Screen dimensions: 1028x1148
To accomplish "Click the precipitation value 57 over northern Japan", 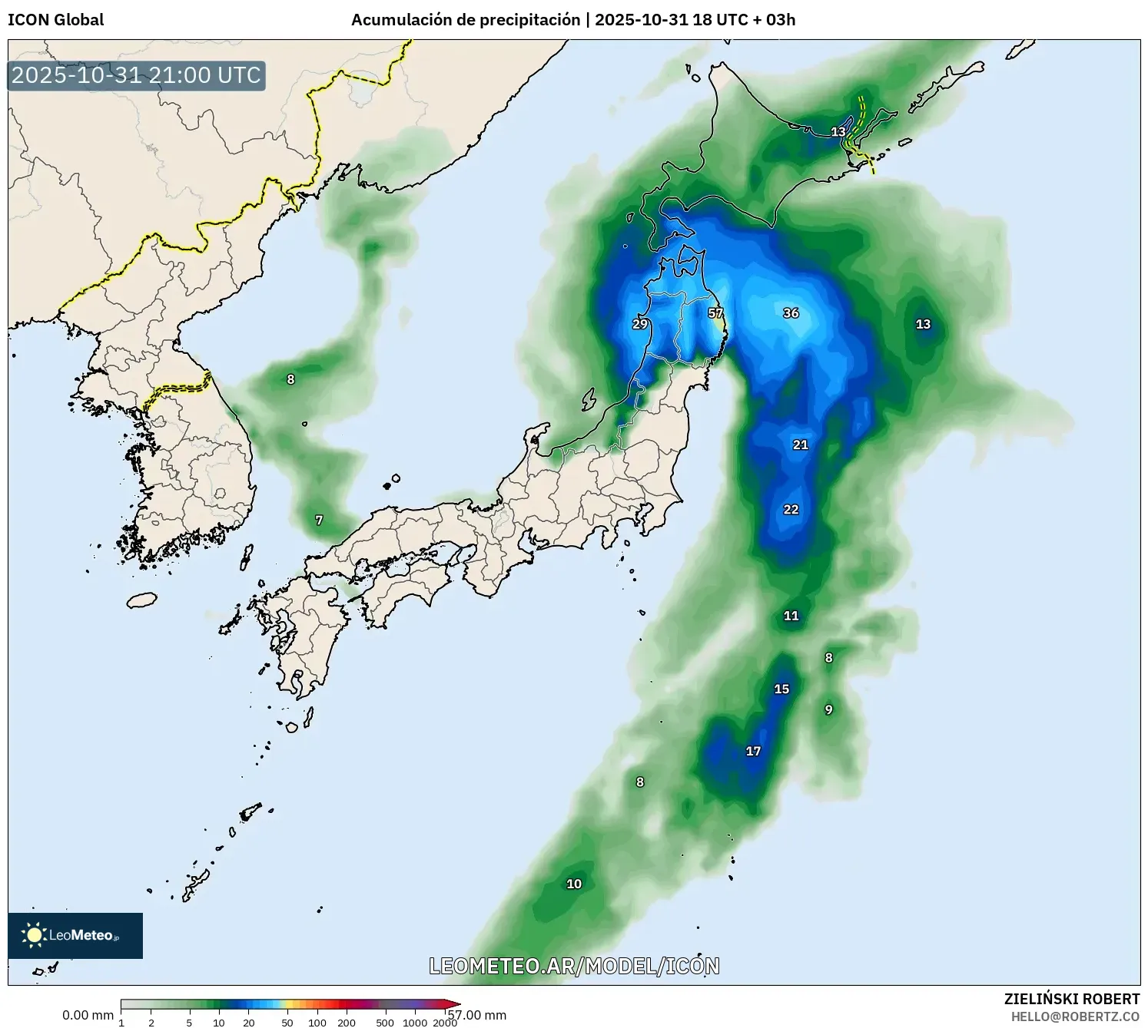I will click(x=715, y=313).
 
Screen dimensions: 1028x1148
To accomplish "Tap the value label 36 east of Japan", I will click(x=791, y=313).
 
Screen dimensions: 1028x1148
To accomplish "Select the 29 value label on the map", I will click(x=639, y=324).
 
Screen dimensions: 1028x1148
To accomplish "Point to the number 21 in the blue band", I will click(x=801, y=445).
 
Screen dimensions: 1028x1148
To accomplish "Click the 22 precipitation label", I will click(x=791, y=510).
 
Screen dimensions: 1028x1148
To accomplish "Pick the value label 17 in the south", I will click(x=753, y=751).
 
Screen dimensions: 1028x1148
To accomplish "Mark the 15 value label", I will click(x=781, y=689).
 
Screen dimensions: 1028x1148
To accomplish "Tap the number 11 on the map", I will click(x=791, y=616).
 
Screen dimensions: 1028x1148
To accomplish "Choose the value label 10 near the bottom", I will click(x=574, y=884).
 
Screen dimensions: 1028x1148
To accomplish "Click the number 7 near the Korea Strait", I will click(x=319, y=521).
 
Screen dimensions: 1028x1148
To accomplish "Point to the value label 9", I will click(x=828, y=709).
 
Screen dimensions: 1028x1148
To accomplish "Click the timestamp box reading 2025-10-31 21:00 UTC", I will click(x=137, y=75).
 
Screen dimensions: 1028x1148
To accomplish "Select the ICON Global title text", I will click(x=55, y=20).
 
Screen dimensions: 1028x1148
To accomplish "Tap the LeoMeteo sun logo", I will click(x=34, y=934).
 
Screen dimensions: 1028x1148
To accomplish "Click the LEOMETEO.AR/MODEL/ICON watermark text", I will click(x=574, y=966).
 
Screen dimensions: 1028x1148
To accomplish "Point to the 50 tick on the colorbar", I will click(x=287, y=1022).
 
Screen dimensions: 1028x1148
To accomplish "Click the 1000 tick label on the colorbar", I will click(x=415, y=1022).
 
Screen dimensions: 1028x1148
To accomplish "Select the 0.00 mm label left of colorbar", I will click(x=88, y=1015).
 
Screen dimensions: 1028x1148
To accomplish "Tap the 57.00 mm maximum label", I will click(x=478, y=1015).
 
